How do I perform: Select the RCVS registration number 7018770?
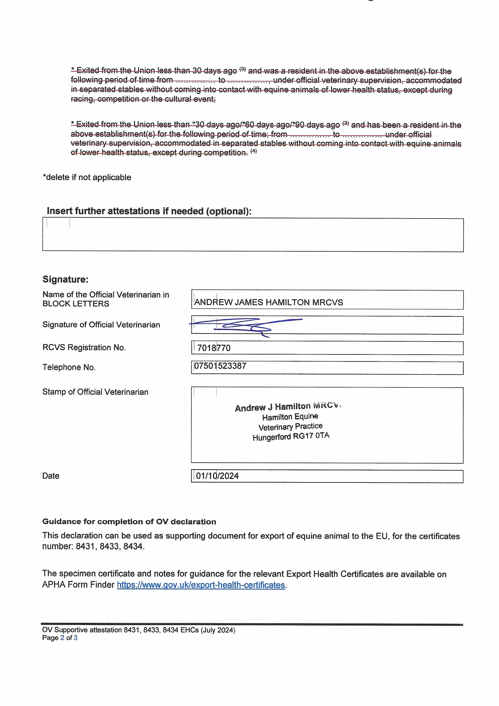(x=214, y=348)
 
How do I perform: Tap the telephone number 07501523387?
(x=220, y=366)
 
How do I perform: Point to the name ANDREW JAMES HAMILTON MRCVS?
(x=269, y=303)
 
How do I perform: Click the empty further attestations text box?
(x=253, y=235)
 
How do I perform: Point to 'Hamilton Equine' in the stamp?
(x=290, y=417)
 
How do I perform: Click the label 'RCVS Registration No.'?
(x=84, y=348)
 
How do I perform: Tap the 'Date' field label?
(x=51, y=476)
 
